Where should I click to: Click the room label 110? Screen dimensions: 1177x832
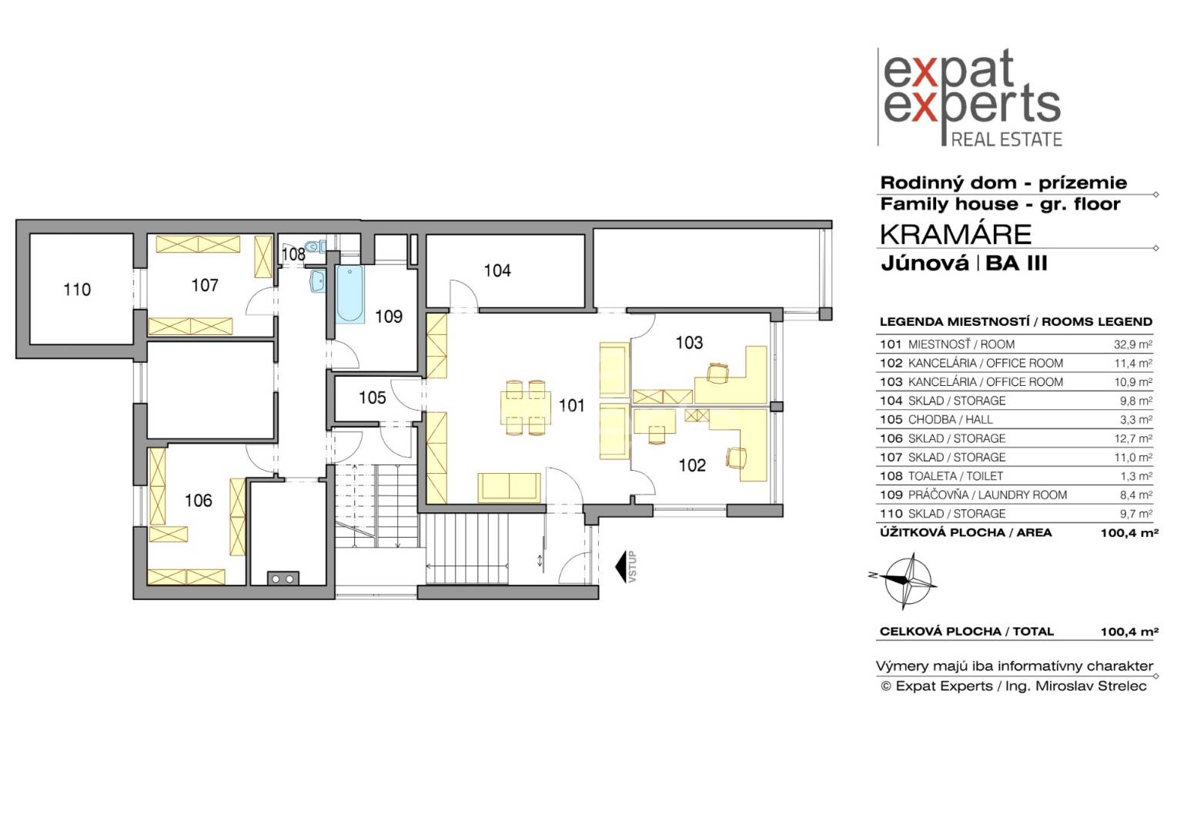pos(77,289)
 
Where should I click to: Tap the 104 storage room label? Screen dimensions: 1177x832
pos(497,270)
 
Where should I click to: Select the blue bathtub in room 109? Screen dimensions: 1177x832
pos(350,294)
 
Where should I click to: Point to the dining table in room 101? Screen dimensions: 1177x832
pos(526,408)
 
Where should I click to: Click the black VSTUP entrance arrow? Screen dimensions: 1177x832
pos(622,566)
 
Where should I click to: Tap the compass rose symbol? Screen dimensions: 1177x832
pos(908,581)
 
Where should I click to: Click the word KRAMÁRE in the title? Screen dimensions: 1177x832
pos(956,234)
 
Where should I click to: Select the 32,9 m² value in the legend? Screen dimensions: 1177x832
pos(1133,344)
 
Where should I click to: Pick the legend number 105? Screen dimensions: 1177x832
pos(891,420)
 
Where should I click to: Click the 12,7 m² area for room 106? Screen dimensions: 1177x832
pos(1133,438)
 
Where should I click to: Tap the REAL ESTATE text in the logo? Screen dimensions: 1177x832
pos(1007,139)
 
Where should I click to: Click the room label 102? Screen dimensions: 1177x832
pos(692,465)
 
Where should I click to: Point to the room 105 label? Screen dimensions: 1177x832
pos(372,398)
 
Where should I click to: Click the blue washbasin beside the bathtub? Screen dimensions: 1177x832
pos(317,280)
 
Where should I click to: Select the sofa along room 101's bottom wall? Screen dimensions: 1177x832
pos(509,488)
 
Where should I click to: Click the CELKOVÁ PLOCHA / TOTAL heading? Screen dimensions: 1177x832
pos(967,631)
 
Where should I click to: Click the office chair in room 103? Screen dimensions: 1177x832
pos(717,373)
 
